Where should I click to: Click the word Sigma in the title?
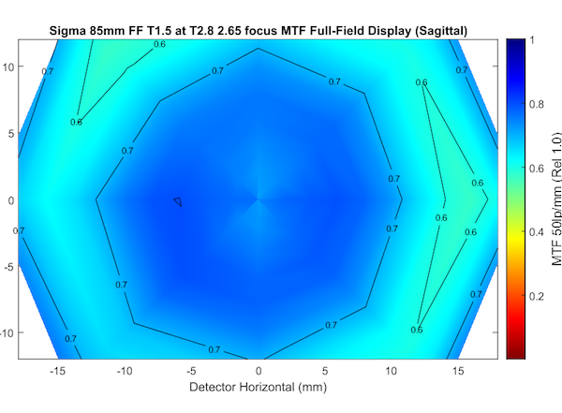67,32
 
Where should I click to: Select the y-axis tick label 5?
11,133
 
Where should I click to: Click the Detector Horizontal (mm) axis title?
259,387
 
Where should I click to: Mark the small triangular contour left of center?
177,200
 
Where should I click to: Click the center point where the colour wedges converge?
259,199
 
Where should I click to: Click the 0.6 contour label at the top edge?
159,44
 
